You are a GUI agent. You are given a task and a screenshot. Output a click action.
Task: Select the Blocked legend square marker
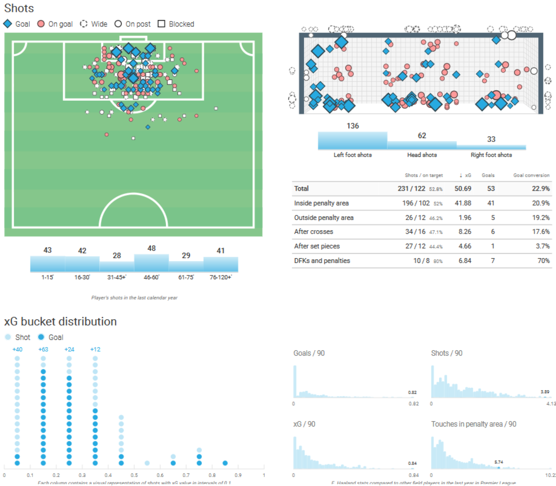(161, 24)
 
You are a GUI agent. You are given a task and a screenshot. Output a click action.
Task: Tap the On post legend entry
(132, 24)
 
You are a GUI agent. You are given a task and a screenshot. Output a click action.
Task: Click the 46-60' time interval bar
(152, 263)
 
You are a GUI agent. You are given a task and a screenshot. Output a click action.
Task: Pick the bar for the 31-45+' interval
(117, 266)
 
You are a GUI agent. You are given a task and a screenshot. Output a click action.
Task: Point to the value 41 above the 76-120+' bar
(221, 251)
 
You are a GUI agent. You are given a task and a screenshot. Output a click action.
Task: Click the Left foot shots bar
(352, 140)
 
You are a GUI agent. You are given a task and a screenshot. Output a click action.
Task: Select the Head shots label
(422, 155)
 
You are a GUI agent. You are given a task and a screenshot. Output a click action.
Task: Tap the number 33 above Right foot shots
(491, 139)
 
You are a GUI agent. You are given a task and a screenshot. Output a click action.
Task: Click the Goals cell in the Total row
(491, 189)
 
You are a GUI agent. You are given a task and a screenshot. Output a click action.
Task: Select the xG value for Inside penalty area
(463, 203)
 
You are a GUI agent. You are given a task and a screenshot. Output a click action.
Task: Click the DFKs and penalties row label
(322, 261)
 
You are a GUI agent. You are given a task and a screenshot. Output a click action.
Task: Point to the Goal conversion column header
(531, 175)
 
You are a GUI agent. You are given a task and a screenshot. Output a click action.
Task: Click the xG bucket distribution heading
(60, 322)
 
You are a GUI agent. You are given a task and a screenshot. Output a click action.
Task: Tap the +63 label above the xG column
(43, 349)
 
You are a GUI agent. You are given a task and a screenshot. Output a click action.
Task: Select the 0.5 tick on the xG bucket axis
(134, 475)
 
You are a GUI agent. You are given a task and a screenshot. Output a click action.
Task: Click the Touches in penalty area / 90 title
(473, 424)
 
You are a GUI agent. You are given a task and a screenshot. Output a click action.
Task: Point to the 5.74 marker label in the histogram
(499, 462)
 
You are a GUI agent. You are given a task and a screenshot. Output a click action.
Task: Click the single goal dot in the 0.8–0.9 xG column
(225, 463)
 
